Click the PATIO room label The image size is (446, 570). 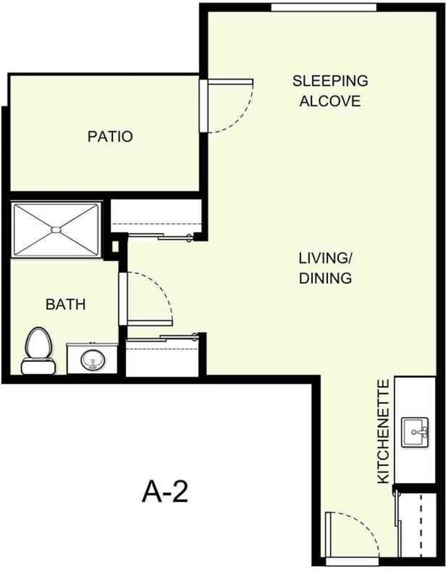(x=110, y=136)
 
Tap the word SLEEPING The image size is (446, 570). (x=330, y=80)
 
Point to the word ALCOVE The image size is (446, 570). (x=330, y=101)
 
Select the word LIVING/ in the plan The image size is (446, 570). (x=325, y=259)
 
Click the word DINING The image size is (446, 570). (x=325, y=278)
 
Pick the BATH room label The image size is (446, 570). (x=66, y=304)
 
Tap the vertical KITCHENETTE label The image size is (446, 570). (x=384, y=431)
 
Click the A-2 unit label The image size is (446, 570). (x=165, y=491)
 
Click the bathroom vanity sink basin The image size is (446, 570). (x=90, y=359)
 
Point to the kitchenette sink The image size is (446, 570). (x=415, y=431)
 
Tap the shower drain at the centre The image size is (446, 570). (x=56, y=229)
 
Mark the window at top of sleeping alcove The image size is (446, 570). (x=323, y=8)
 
